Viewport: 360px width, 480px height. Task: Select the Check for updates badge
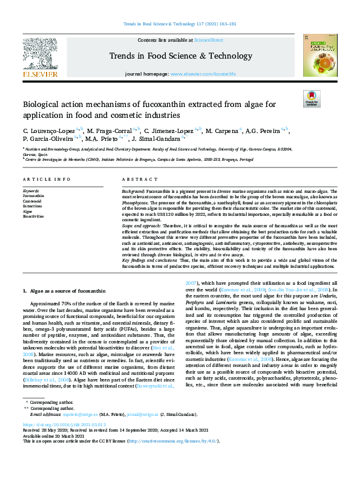[311, 99]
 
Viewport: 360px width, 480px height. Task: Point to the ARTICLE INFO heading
[42, 180]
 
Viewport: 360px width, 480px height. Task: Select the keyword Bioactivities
[34, 216]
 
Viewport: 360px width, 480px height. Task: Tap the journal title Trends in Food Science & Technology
[180, 56]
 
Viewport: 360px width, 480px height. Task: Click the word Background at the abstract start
[133, 190]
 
